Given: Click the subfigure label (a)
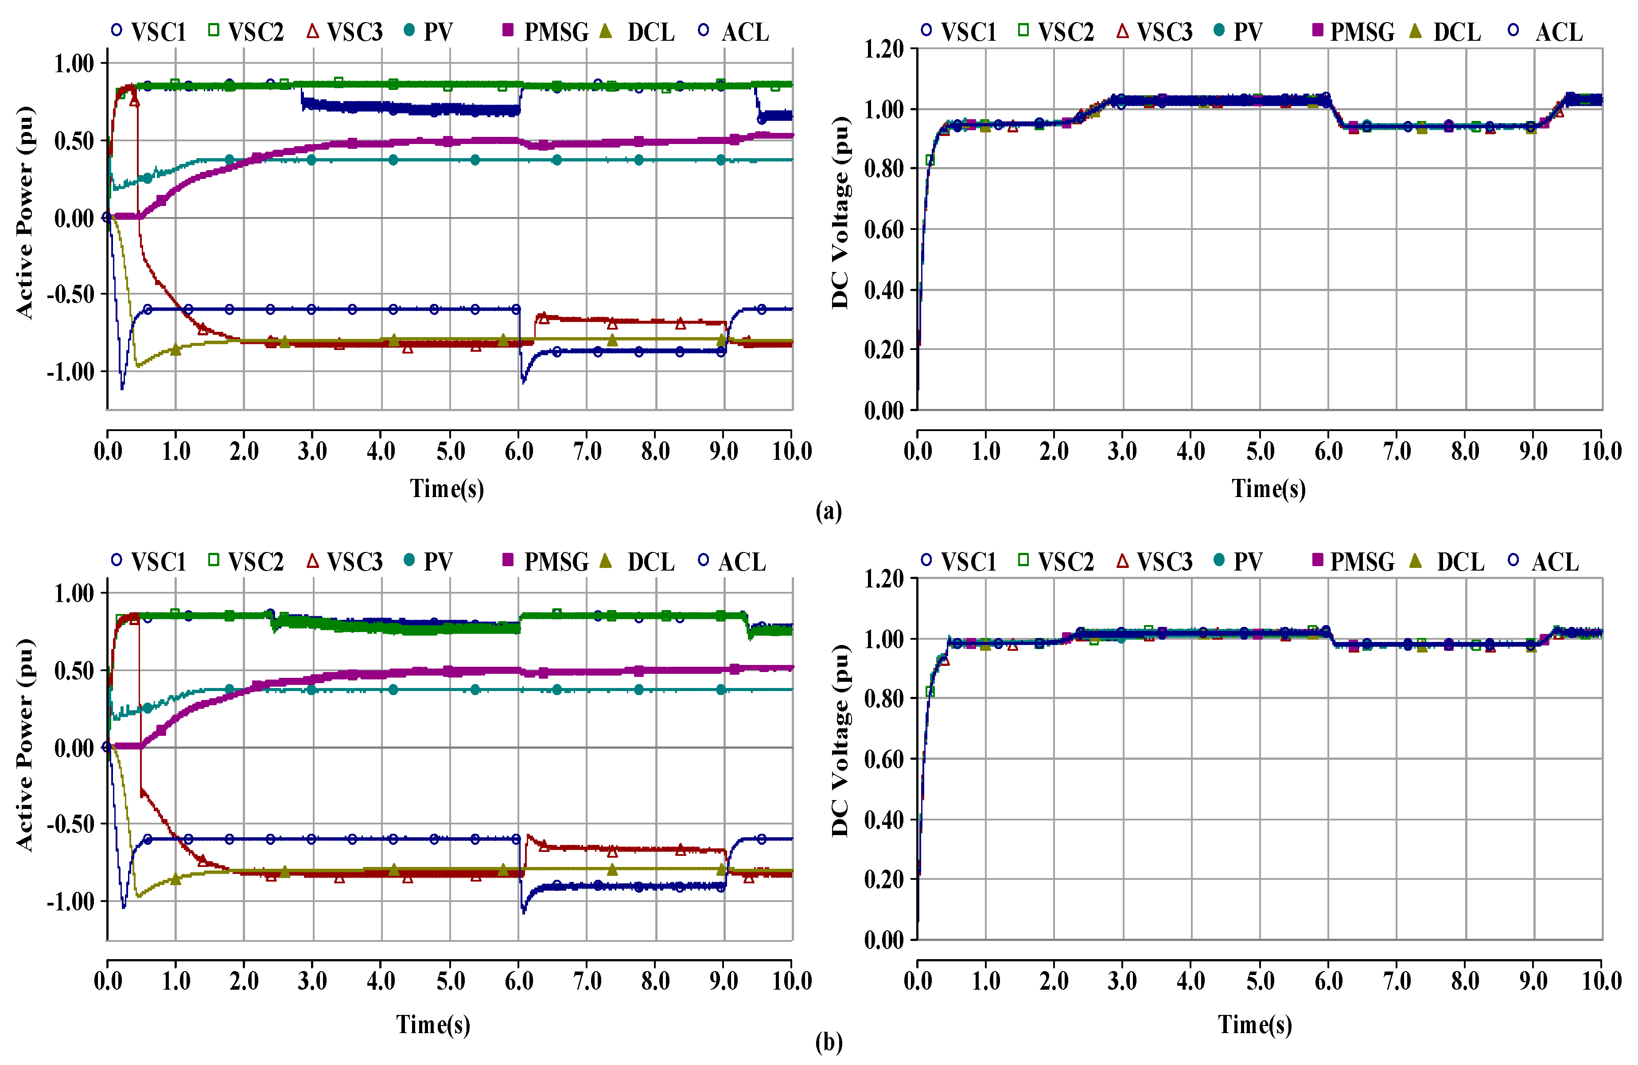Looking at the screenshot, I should (828, 511).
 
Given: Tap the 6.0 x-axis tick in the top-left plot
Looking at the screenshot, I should (519, 451).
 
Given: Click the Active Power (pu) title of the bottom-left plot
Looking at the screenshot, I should (25, 745).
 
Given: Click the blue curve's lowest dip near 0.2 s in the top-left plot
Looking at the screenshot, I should (122, 388).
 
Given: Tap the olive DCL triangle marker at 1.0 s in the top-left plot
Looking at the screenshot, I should (175, 350).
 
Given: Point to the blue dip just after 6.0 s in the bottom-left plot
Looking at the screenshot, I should (524, 912).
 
